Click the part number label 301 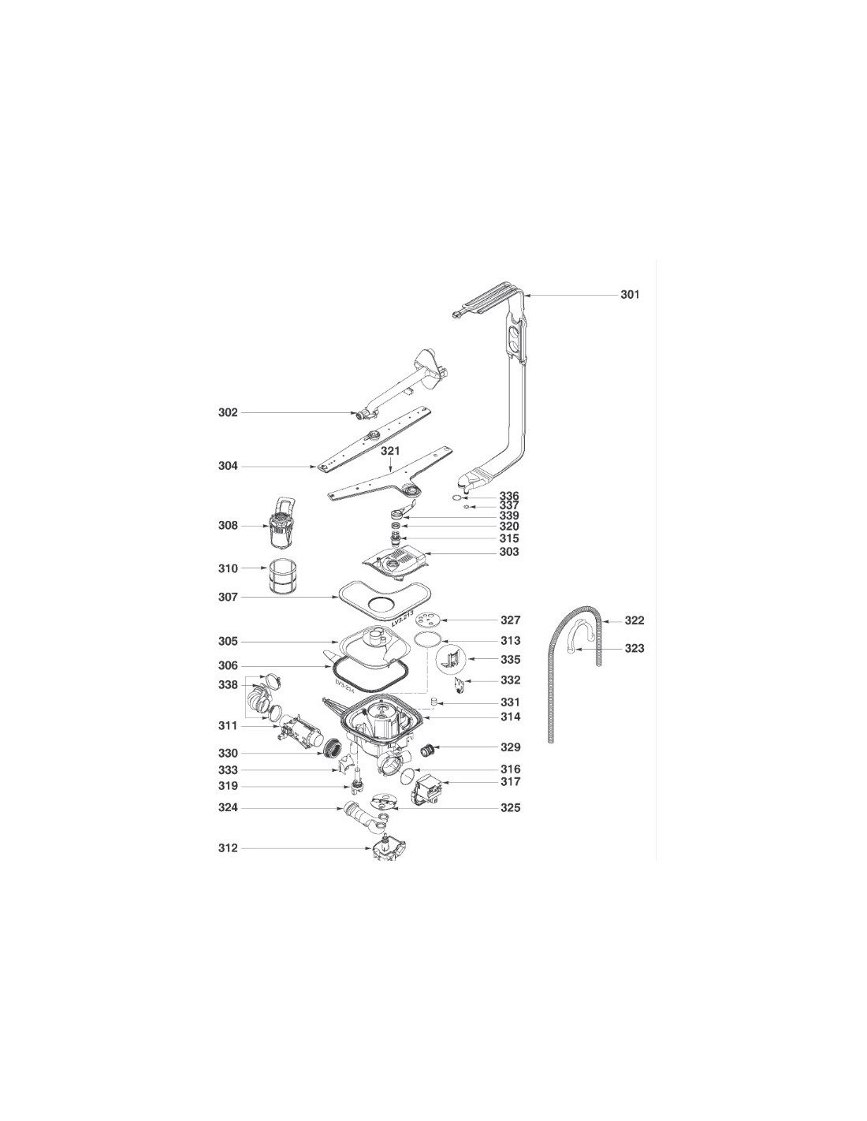[629, 295]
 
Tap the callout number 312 [228, 847]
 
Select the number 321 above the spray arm [390, 451]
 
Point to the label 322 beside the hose [634, 620]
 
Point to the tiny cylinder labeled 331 [434, 702]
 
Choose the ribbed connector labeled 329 [428, 749]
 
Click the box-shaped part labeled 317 [427, 790]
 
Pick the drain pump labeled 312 [389, 848]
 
